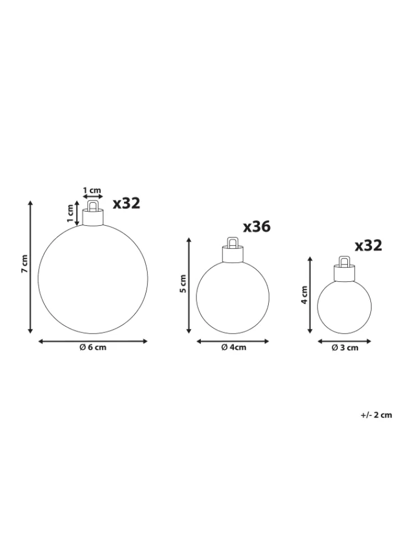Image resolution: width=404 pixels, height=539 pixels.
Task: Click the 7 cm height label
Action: (x=24, y=264)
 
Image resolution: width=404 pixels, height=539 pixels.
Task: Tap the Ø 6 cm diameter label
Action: (x=93, y=347)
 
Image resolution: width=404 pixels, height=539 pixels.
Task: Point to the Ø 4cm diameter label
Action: (x=233, y=347)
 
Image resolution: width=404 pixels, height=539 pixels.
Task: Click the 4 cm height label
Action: (x=304, y=295)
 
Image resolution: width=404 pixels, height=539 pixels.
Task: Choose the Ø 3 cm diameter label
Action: (x=345, y=348)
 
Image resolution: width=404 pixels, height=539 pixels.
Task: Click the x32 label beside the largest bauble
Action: (x=127, y=203)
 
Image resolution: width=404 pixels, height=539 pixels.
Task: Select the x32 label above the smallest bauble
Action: (x=368, y=245)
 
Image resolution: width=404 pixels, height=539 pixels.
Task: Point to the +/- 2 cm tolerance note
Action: (x=376, y=415)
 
